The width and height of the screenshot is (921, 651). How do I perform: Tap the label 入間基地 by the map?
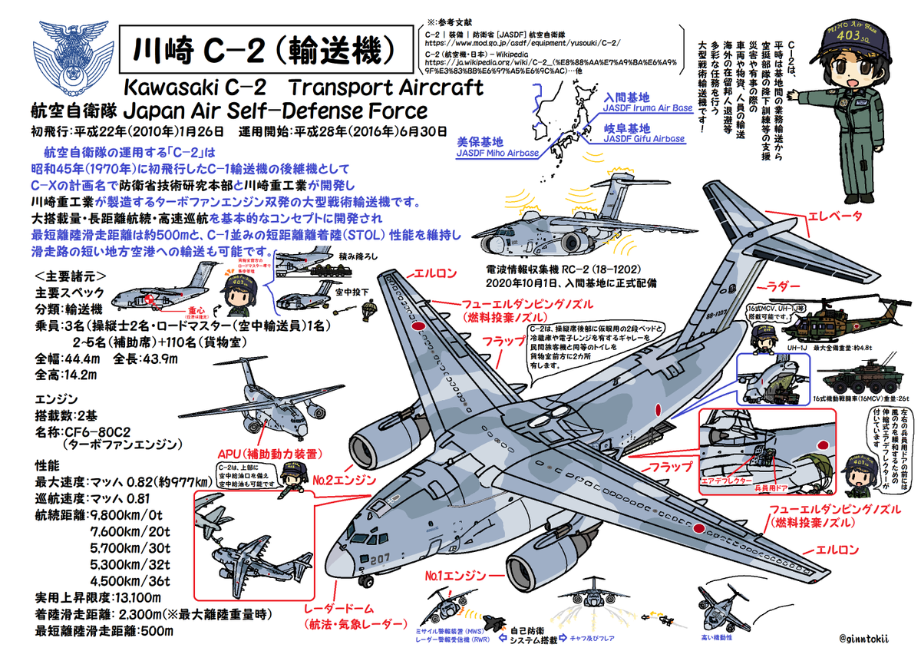pyautogui.click(x=627, y=98)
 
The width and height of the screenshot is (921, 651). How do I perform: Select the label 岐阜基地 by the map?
pyautogui.click(x=627, y=128)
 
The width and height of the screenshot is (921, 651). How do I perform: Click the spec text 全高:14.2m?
pyautogui.click(x=66, y=374)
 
